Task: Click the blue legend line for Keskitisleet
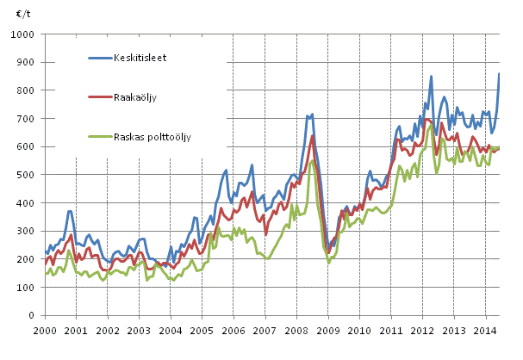[103, 59]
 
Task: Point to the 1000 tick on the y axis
[22, 35]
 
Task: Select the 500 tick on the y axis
[24, 175]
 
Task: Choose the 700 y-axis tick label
[24, 119]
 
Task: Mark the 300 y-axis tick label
[24, 231]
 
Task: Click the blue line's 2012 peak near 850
[431, 77]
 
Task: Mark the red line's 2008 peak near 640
[313, 135]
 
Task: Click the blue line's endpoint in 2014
[499, 74]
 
